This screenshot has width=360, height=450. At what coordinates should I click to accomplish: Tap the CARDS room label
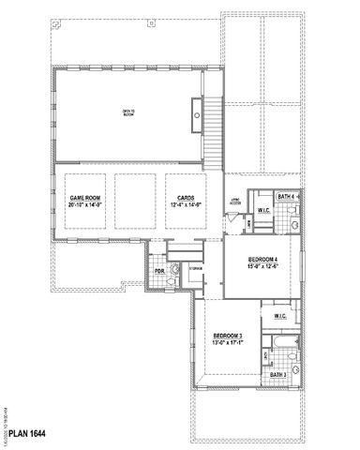[185, 198]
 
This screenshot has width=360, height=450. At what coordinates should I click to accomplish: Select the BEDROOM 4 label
[263, 259]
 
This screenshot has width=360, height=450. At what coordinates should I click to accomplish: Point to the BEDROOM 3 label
[227, 336]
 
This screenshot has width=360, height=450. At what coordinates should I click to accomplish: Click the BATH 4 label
[288, 196]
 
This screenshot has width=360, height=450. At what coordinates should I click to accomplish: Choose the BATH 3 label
[277, 375]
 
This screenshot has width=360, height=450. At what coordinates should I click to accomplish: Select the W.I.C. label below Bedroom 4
[280, 317]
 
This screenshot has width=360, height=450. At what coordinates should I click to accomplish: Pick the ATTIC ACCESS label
[236, 199]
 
